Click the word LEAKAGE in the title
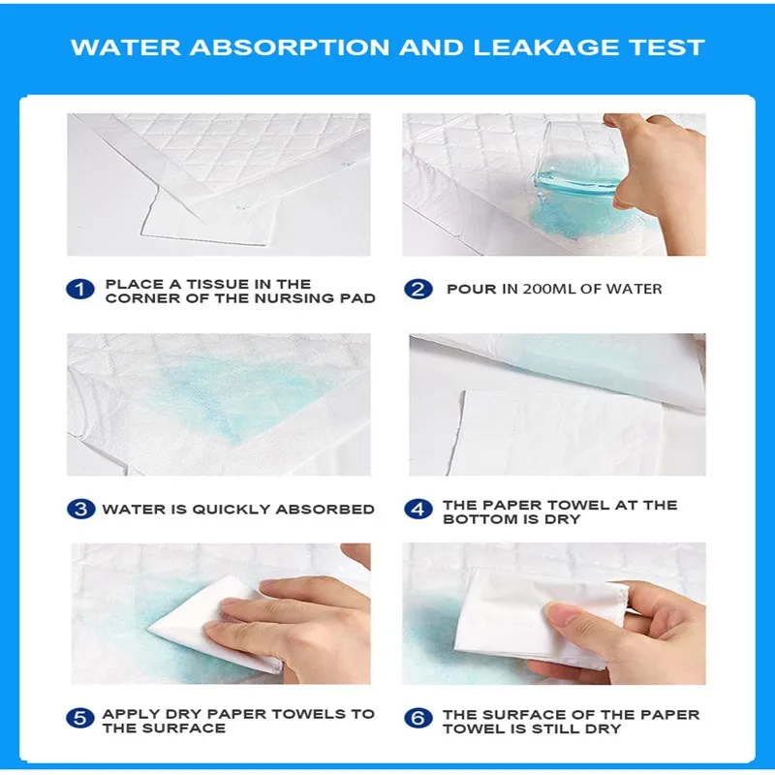[545, 47]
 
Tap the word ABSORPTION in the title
[290, 47]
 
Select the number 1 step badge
[80, 290]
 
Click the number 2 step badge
[418, 290]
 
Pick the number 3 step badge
[80, 510]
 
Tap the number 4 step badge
[418, 510]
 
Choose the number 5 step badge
[80, 718]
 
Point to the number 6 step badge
[418, 718]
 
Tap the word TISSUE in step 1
[217, 284]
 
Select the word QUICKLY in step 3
[231, 510]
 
